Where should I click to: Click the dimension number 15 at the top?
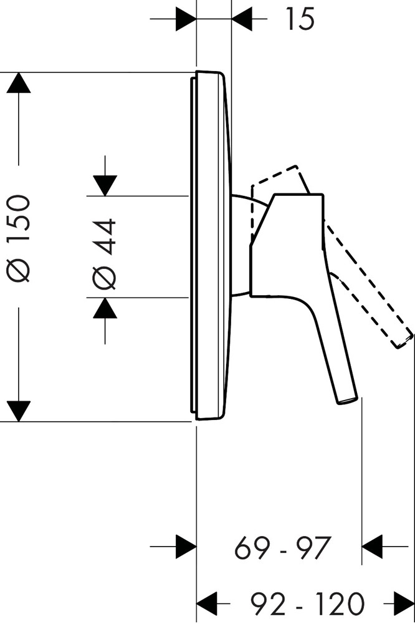click(300, 19)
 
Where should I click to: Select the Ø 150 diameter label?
click(18, 239)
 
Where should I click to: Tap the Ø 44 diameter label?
click(104, 253)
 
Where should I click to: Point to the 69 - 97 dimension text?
click(283, 548)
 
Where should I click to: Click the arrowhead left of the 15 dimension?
click(186, 19)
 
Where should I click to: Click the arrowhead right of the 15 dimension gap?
click(242, 19)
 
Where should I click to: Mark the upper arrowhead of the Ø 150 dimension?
click(18, 83)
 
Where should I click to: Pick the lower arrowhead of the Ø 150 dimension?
click(18, 411)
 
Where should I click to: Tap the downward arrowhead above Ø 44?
click(105, 186)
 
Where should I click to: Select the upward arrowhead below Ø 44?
click(105, 308)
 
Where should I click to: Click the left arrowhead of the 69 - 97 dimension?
click(186, 547)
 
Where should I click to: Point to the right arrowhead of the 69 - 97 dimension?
click(372, 547)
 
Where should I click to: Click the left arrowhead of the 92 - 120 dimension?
click(207, 603)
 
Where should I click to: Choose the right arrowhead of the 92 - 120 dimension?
click(404, 603)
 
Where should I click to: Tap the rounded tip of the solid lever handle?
click(348, 401)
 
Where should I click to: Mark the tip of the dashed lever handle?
click(404, 341)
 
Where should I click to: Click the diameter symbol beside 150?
click(18, 271)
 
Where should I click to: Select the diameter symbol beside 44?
click(104, 278)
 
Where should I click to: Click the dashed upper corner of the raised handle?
click(297, 166)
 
